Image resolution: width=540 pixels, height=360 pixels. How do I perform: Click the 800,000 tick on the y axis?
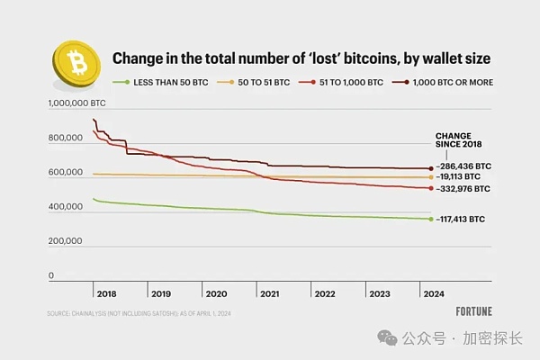tap(66, 139)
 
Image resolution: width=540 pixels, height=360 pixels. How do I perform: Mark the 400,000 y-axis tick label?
tap(66, 208)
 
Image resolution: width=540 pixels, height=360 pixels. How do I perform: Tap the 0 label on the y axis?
tap(50, 275)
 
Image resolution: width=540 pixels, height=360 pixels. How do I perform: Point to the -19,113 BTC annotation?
tap(462, 178)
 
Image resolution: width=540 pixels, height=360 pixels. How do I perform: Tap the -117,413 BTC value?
tap(462, 219)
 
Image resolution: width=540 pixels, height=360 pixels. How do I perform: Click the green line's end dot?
tap(428, 219)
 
